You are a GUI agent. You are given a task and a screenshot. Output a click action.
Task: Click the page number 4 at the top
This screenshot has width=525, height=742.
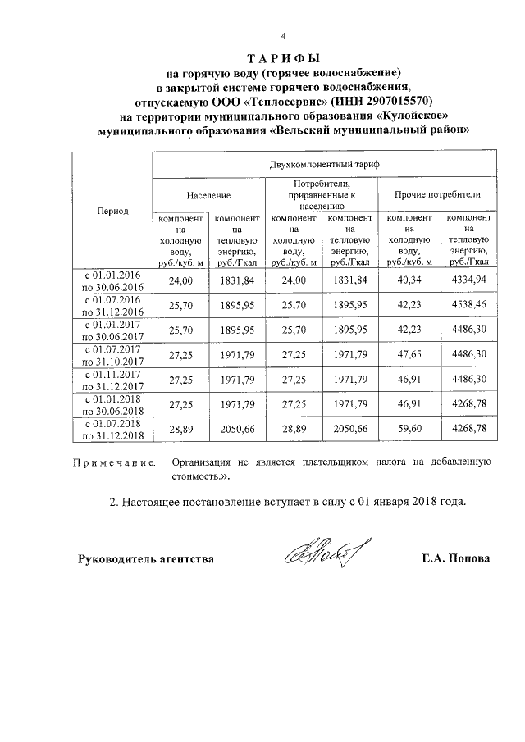pyautogui.click(x=283, y=36)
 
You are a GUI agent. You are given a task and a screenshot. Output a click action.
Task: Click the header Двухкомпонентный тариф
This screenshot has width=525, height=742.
pyautogui.click(x=323, y=164)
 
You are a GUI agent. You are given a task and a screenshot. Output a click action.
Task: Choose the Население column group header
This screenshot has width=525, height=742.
pyautogui.click(x=208, y=196)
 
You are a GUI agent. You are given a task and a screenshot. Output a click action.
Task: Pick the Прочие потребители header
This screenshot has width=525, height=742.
pyautogui.click(x=437, y=196)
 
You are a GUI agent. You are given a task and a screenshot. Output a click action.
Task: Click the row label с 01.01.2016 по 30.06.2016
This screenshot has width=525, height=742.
pyautogui.click(x=110, y=281)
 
